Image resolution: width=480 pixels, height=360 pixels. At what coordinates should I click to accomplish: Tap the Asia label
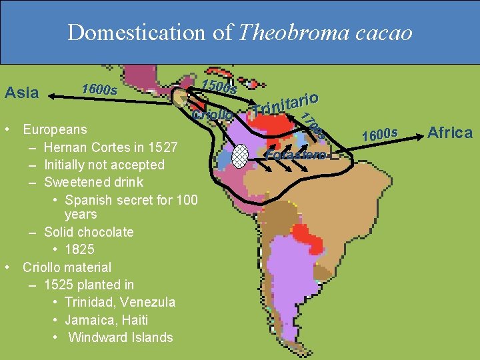[x=21, y=93]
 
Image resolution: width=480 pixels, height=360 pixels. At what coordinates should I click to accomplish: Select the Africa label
[x=450, y=132]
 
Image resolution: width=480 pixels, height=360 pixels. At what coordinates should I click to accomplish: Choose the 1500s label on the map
[x=219, y=87]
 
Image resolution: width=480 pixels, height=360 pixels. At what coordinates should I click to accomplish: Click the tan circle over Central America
[x=181, y=98]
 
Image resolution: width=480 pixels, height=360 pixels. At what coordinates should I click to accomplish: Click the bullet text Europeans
[x=55, y=129]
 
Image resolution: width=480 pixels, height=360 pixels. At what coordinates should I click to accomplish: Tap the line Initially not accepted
[x=104, y=164]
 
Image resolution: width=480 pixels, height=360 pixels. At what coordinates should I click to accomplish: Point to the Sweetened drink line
[x=93, y=181]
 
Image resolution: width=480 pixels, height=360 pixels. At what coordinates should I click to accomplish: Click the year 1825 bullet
[x=79, y=249]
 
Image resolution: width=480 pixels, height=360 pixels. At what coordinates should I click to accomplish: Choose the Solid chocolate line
[x=89, y=232]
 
